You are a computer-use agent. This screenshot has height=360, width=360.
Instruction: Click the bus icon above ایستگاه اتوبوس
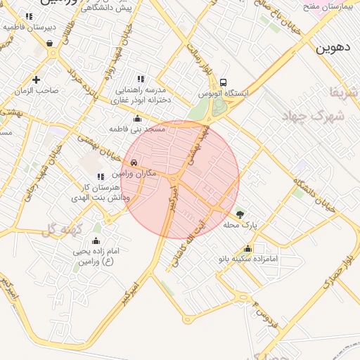[x=224, y=83]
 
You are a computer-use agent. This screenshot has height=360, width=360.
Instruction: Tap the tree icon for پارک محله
[x=241, y=214]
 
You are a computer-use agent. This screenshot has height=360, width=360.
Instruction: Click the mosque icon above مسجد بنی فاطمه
[x=137, y=119]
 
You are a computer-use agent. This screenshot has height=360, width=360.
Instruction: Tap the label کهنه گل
[x=63, y=229]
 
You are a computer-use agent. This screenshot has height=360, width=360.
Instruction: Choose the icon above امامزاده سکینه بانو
[x=247, y=248]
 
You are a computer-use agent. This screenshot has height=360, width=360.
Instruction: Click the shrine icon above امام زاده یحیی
[x=96, y=241]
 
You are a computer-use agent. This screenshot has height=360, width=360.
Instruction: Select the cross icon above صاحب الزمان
[x=35, y=79]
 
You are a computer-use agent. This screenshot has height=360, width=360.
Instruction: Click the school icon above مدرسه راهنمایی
[x=141, y=79]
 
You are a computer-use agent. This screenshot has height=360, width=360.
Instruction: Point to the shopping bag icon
[x=50, y=43]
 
